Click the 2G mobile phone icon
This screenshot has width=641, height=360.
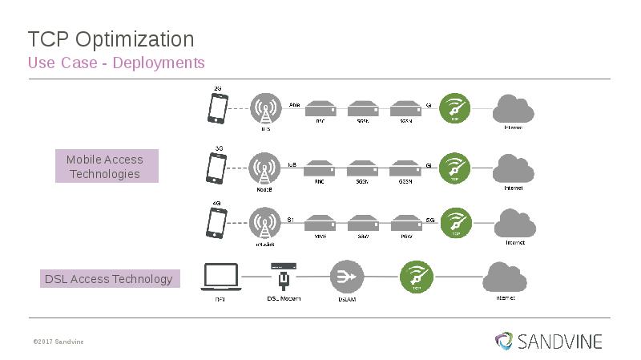[216, 109]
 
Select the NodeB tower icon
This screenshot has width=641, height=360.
[265, 168]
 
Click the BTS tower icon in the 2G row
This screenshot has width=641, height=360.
[265, 109]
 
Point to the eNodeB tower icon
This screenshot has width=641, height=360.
[265, 223]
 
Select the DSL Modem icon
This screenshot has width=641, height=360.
[283, 275]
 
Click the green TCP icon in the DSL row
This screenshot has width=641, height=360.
[417, 277]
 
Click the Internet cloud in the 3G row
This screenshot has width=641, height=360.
[513, 168]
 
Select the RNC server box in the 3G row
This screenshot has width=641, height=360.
[320, 169]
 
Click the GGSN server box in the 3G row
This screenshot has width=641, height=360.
[405, 169]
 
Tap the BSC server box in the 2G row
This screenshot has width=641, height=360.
[320, 108]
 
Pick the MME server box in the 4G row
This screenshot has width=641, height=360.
[320, 222]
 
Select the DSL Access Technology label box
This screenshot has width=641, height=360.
[109, 279]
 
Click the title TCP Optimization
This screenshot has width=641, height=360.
[111, 38]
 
